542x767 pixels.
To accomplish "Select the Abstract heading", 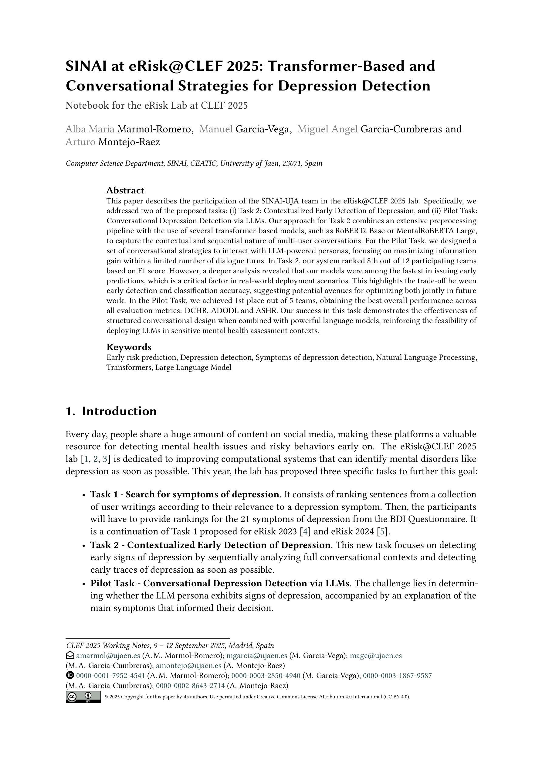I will pos(125,190).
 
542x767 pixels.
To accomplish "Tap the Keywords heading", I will pos(129,347).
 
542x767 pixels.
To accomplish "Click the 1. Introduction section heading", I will pos(111,411).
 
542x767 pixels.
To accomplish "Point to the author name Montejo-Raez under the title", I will pos(129,142).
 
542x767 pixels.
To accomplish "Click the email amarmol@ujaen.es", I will pos(108,656).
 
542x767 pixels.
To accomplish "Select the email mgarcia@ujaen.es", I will pos(256,656).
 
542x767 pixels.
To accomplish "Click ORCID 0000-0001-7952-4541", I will pos(110,676).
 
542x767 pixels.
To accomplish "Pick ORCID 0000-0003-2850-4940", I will pos(266,676).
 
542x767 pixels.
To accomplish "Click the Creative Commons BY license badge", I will pos(83,697).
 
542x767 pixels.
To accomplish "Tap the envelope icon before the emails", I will pos(70,656).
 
